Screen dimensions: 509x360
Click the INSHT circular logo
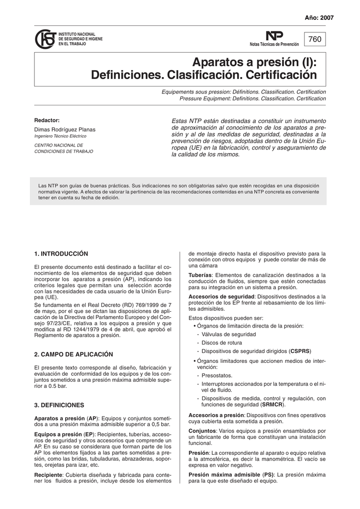point(45,39)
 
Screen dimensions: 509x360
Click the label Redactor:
point(47,120)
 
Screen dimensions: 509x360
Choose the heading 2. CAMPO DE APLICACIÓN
point(73,354)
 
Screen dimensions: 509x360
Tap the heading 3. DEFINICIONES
point(59,405)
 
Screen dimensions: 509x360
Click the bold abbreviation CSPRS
point(300,351)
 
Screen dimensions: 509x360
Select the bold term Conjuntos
point(202,431)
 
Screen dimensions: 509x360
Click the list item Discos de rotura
point(222,343)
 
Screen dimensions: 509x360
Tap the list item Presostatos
point(217,375)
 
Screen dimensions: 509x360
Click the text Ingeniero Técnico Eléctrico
point(60,136)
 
